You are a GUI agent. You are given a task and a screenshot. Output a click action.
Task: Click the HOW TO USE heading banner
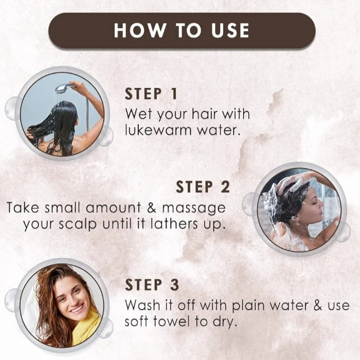click(x=181, y=31)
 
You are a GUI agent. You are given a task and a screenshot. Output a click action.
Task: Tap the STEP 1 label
click(x=151, y=94)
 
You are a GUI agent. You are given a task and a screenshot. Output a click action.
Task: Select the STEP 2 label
click(x=203, y=187)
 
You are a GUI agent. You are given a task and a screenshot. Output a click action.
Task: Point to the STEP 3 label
click(x=151, y=285)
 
